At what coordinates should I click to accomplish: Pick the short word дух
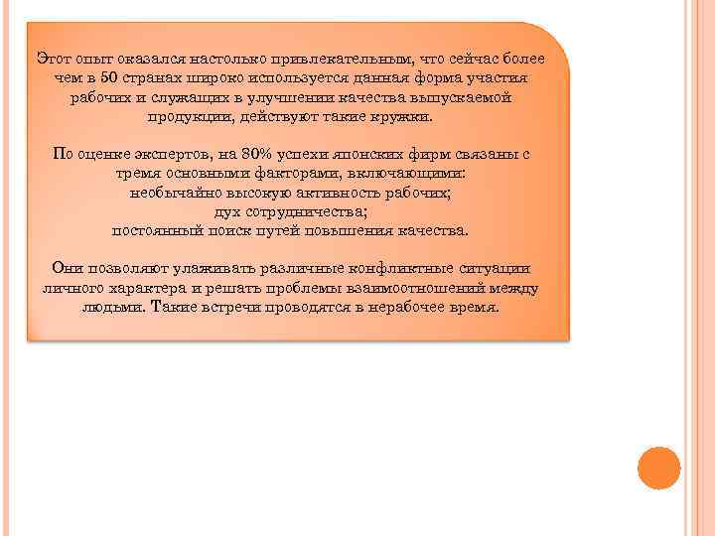[227, 211]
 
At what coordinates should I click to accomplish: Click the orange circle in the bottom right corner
[658, 468]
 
